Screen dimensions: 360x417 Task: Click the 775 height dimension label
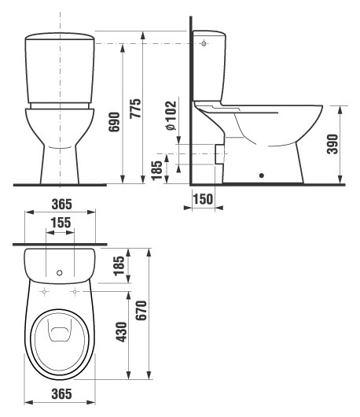[135, 109]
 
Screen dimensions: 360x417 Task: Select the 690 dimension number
[114, 122]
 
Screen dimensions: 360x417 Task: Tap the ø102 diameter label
[171, 116]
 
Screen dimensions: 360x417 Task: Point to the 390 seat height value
[332, 144]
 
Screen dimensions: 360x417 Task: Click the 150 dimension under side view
[203, 199]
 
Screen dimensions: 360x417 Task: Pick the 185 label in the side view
[156, 171]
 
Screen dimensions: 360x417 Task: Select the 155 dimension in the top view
[61, 223]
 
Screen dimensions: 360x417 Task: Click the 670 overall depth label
[141, 310]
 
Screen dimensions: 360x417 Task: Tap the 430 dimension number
[122, 331]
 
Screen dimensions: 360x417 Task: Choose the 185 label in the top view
[119, 266]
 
